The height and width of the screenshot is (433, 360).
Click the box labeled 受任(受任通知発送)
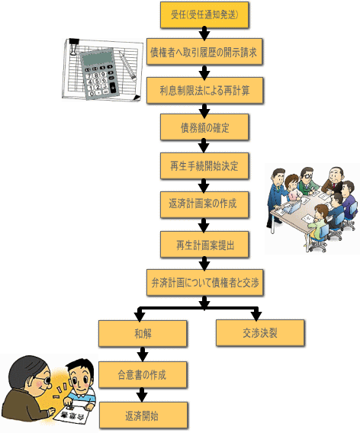[204, 15]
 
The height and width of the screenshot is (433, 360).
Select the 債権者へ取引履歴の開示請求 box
[204, 52]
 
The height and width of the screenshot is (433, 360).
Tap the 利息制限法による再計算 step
[204, 91]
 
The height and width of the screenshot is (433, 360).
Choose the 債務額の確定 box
[204, 127]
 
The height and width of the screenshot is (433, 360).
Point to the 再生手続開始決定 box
[204, 166]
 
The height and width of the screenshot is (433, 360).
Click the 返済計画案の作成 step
[204, 204]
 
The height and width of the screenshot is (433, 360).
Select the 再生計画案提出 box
[204, 245]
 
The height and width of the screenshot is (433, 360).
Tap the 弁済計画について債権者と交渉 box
[204, 283]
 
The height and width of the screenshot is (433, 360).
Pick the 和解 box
[143, 334]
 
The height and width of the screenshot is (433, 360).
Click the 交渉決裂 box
[260, 333]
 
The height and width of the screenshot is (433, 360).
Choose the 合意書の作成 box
[143, 375]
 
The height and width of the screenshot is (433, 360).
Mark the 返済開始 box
[143, 415]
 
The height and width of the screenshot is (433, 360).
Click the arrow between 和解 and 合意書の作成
[143, 354]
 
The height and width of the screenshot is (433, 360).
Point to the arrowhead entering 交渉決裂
[257, 316]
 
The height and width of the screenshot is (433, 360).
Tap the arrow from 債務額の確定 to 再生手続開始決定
[204, 146]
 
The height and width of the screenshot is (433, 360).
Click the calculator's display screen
[98, 58]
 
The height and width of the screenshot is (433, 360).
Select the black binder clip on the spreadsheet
[74, 47]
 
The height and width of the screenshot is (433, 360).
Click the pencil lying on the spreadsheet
[127, 65]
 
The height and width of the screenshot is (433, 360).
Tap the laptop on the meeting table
[292, 207]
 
